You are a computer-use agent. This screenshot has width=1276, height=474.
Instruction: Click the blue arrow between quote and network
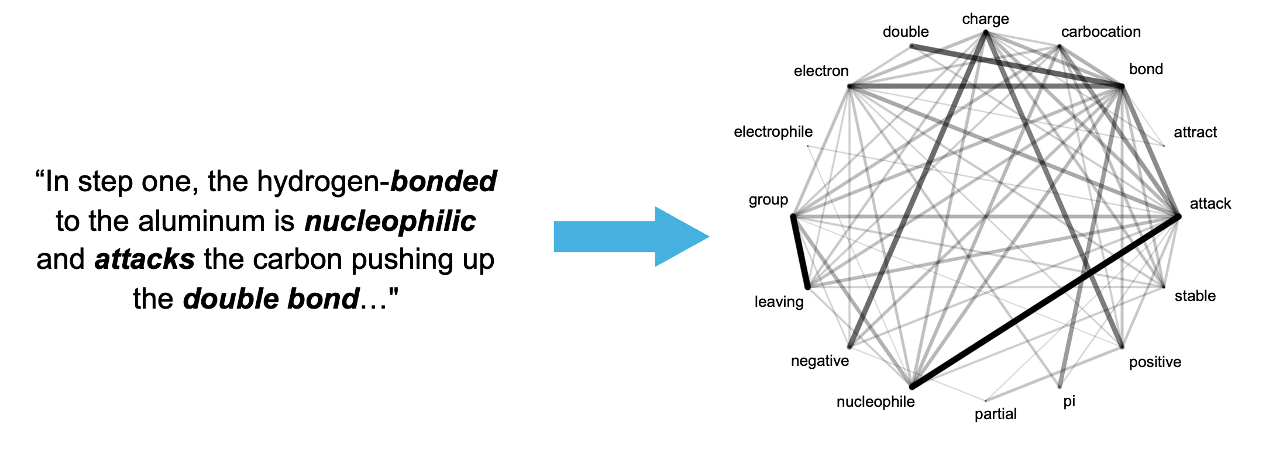(631, 237)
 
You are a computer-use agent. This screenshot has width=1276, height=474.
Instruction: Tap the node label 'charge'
(985, 19)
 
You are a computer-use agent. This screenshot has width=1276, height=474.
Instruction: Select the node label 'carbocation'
(1100, 32)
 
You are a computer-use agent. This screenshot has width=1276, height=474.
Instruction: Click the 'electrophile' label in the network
(773, 132)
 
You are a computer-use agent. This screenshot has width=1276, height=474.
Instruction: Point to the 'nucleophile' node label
(875, 402)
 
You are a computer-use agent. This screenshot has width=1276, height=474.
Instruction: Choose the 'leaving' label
(779, 302)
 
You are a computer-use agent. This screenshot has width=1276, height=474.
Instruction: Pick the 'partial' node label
(995, 414)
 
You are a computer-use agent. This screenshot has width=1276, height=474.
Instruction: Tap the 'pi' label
(1069, 402)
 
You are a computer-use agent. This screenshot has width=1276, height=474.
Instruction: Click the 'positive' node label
(1155, 362)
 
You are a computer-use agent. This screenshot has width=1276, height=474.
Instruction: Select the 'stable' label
(1195, 296)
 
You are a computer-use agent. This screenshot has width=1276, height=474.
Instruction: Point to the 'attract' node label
(1195, 133)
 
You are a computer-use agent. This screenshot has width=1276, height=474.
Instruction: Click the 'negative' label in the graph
(820, 361)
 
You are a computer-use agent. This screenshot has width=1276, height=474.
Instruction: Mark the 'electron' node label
(821, 71)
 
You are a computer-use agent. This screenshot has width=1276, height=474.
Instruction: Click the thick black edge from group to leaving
(800, 252)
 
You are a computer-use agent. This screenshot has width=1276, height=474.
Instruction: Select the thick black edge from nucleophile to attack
(1045, 302)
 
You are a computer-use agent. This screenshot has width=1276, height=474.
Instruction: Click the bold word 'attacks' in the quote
(145, 260)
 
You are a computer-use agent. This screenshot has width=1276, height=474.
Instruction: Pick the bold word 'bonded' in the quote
(443, 181)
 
